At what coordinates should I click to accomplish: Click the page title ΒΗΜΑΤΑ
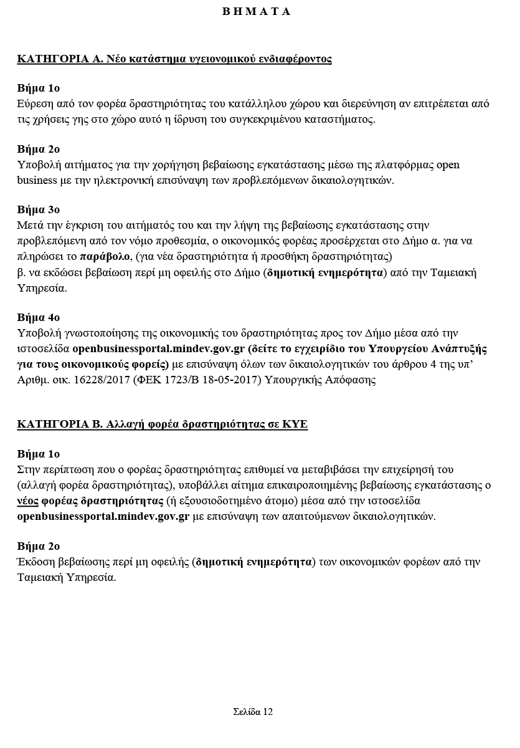257,11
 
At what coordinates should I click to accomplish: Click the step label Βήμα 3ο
39,209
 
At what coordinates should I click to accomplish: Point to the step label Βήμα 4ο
39,318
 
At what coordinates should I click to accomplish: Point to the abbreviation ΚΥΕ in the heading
295,424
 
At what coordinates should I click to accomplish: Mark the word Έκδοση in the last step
35,562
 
